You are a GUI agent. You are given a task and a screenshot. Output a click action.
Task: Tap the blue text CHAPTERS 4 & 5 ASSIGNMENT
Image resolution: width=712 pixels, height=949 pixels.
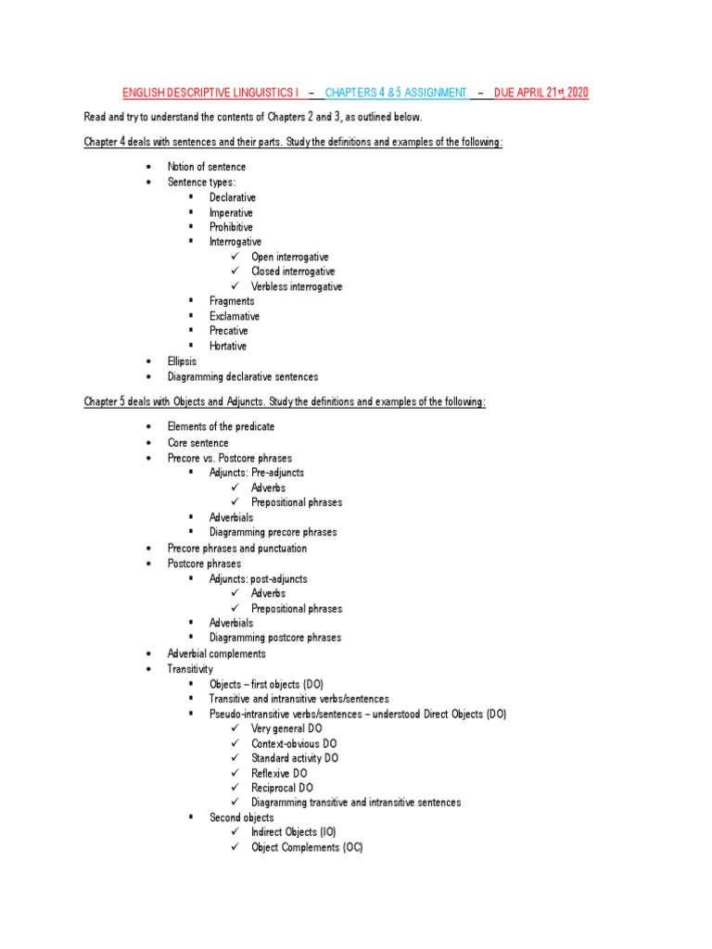coord(396,93)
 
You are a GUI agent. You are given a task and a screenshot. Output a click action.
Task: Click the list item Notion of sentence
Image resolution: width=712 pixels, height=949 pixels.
coord(207,167)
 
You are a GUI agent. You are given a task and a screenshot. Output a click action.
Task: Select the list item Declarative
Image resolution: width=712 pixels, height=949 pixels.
coord(232,197)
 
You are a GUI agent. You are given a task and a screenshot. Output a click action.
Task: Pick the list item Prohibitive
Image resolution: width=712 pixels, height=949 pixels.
coord(231,227)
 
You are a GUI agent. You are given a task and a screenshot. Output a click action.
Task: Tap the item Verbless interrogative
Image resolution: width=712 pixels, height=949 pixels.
coord(297,286)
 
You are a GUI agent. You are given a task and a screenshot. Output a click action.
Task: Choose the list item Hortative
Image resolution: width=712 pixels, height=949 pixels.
coord(228,346)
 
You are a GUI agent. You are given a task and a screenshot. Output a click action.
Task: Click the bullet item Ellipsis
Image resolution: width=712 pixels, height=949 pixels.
coord(182,361)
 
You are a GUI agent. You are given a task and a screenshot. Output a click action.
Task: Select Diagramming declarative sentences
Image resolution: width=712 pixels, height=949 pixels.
coord(242,377)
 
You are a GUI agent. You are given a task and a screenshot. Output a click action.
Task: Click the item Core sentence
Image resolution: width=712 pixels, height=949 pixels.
coord(197,443)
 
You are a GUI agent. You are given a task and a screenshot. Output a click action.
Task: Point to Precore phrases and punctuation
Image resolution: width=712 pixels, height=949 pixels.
coord(236,548)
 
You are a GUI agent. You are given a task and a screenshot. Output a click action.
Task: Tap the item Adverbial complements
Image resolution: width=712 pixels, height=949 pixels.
coord(216,653)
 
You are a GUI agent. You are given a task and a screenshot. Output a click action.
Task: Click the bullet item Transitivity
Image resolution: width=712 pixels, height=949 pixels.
coord(190,668)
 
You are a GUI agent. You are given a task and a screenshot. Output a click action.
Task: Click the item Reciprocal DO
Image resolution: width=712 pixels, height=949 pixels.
coord(283,788)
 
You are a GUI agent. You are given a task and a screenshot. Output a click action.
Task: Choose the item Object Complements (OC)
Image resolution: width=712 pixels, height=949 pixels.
coord(307,848)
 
